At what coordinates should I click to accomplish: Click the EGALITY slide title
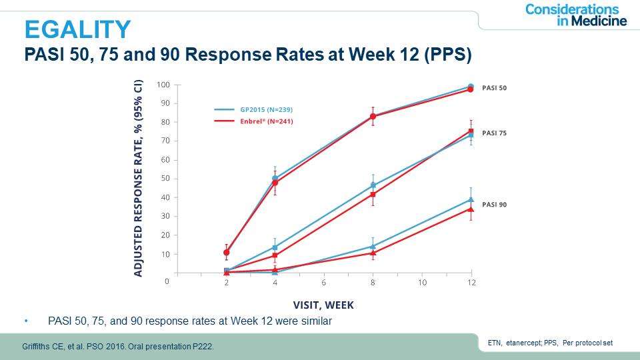tap(78, 29)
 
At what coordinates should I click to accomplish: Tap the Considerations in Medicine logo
tap(575, 15)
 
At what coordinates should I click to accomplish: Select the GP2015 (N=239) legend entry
tap(253, 109)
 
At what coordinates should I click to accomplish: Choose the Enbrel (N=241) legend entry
tap(253, 121)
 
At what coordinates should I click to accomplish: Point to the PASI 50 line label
tap(494, 88)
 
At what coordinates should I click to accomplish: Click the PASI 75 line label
tap(494, 133)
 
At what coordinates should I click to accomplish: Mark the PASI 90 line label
tap(494, 205)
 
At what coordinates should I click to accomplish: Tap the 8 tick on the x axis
tap(373, 283)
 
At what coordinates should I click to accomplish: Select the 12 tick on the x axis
tap(471, 283)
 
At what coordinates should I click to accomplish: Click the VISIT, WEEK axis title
tap(323, 305)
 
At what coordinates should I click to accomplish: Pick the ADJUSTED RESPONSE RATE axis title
tap(139, 179)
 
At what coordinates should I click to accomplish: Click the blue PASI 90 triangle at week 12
tap(471, 199)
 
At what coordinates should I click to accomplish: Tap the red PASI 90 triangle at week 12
tap(471, 209)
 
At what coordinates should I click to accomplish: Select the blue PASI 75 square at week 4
tap(275, 247)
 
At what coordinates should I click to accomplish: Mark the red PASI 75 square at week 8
tap(373, 195)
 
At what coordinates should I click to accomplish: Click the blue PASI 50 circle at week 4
tap(275, 179)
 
